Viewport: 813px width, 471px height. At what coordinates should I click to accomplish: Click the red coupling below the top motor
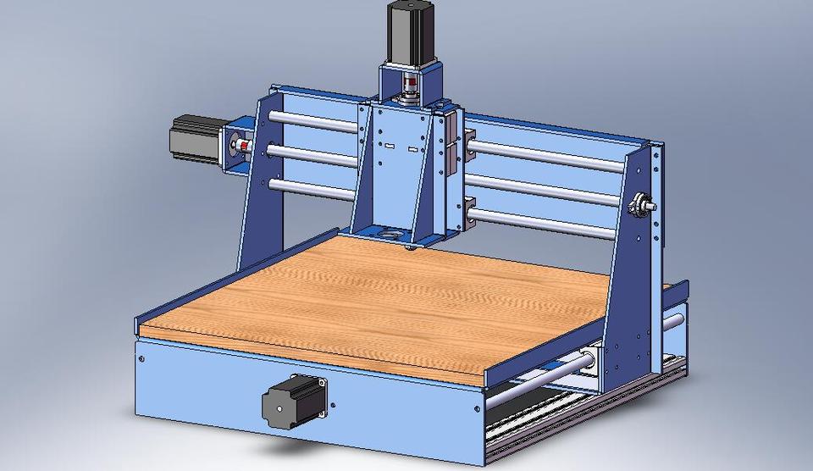410,85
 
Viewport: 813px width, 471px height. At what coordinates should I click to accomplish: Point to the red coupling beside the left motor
244,148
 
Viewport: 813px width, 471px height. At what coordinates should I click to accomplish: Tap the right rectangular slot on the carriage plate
414,148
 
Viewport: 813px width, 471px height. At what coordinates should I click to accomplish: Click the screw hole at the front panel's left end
141,358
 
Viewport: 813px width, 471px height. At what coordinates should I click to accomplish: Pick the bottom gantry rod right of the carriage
542,222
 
